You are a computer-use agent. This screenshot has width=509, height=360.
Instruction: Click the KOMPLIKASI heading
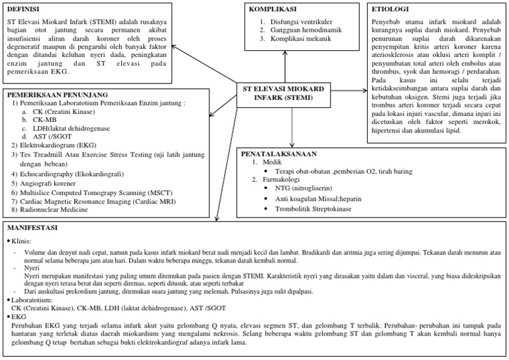272,9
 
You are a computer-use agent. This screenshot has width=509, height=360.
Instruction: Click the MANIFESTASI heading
32,228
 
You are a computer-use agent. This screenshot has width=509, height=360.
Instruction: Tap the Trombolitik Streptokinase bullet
314,209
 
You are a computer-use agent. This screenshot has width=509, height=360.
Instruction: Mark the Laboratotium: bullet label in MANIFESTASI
32,299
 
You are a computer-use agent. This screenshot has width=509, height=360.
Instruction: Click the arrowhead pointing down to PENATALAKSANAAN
292,144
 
